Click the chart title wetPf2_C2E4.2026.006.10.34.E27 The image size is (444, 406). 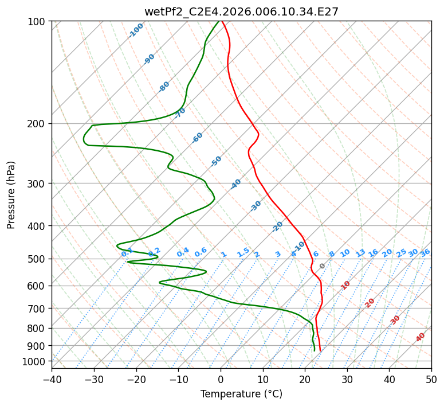click(x=242, y=11)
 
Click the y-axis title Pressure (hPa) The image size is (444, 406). click(x=11, y=195)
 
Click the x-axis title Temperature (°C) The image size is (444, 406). click(x=242, y=394)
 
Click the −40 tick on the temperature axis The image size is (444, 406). click(x=52, y=379)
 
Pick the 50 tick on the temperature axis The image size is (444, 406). click(x=431, y=379)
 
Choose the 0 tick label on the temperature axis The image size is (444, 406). click(x=221, y=379)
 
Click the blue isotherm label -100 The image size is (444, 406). click(x=136, y=30)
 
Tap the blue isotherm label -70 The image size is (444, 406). click(x=179, y=113)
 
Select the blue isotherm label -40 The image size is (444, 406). click(x=235, y=184)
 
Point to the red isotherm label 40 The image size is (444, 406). click(x=420, y=337)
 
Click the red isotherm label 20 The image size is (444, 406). click(x=370, y=303)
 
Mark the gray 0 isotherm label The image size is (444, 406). click(x=322, y=266)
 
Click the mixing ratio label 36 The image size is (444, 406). click(x=425, y=253)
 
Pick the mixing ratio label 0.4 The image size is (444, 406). click(x=183, y=252)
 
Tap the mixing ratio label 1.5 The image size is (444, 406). click(x=243, y=252)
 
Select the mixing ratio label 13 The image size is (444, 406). click(x=360, y=253)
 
